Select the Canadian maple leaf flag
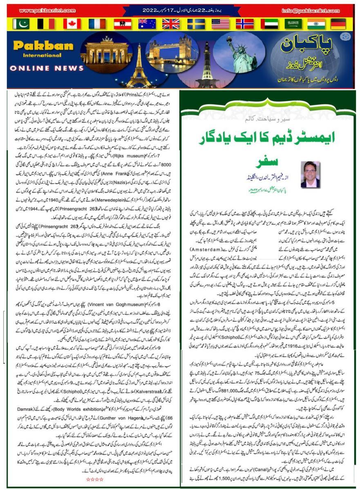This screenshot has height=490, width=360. pyautogui.click(x=72, y=24)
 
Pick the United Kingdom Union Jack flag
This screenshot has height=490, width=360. pyautogui.click(x=171, y=24)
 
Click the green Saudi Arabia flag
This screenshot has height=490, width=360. pyautogui.click(x=295, y=24)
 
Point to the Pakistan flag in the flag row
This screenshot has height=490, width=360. pyautogui.click(x=21, y=24)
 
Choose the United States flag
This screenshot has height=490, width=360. pyautogui.click(x=220, y=24)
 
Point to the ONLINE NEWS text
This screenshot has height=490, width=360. pyautogui.click(x=42, y=68)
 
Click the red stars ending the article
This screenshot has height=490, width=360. pyautogui.click(x=96, y=479)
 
